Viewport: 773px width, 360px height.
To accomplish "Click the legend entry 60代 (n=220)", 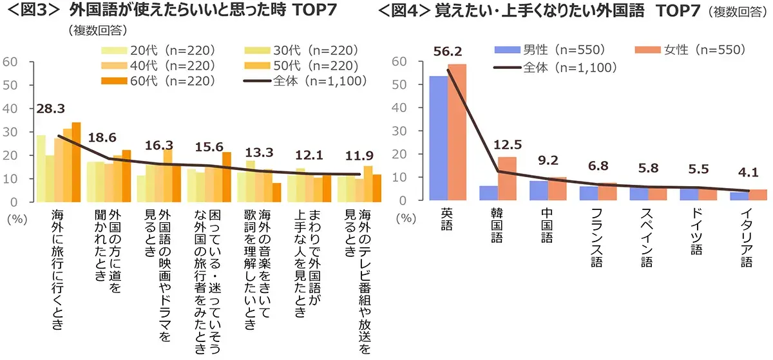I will (158, 81).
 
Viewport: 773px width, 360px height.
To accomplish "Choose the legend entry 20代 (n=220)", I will (158, 50).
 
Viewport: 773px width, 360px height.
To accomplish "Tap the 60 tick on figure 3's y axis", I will (11, 62).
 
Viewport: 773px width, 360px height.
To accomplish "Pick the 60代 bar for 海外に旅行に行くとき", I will (76, 162).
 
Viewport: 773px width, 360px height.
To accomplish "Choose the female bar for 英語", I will (457, 132).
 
